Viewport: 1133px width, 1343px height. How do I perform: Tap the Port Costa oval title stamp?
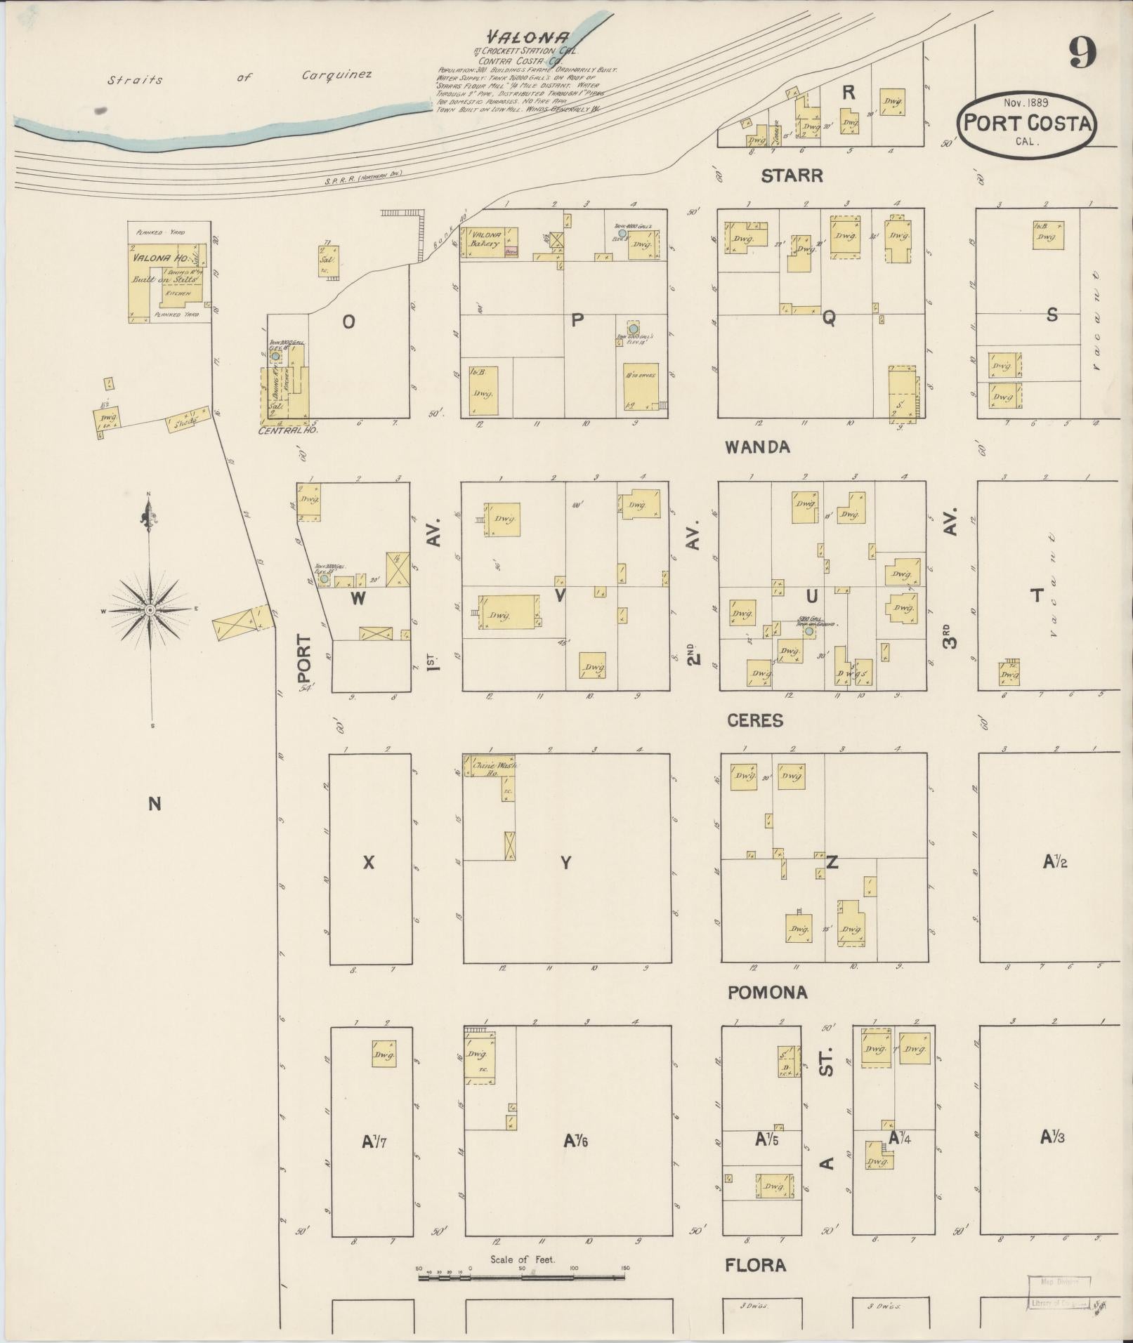(x=1026, y=123)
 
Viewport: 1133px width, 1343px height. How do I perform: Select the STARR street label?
(x=792, y=176)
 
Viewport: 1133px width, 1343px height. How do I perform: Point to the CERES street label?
(x=755, y=720)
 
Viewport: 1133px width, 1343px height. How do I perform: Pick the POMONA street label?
(x=767, y=992)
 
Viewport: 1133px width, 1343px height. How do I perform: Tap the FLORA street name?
(x=755, y=1264)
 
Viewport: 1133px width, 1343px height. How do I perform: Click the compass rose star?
(x=150, y=610)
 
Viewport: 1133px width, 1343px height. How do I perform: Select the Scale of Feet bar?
(x=521, y=1277)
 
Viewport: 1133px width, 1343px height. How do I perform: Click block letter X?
(x=369, y=863)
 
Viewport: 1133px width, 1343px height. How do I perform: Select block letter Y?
(x=566, y=863)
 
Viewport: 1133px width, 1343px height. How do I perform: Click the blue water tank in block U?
(x=809, y=631)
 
